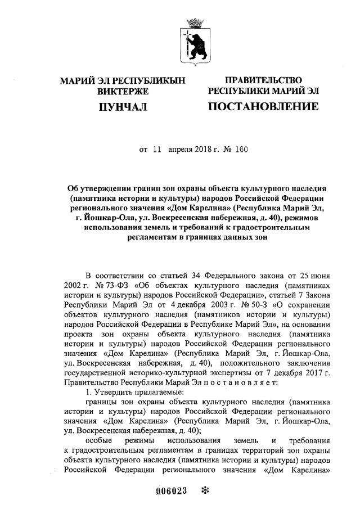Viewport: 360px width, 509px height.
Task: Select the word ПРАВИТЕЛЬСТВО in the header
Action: coord(263,80)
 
